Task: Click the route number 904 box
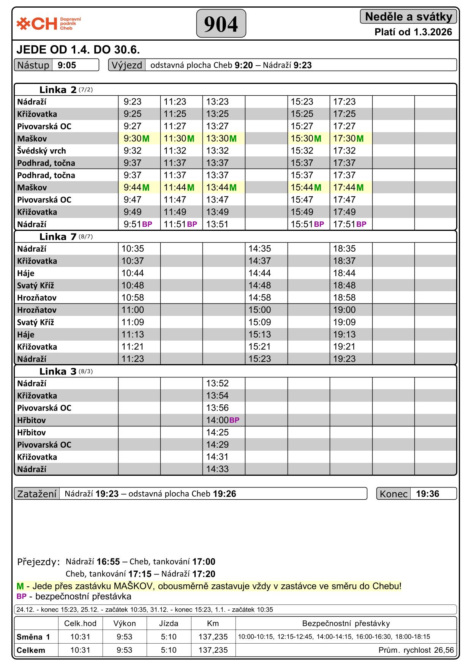pos(221,24)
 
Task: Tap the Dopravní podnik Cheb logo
pos(48,24)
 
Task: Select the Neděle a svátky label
pos(408,17)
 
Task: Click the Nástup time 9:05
pos(67,65)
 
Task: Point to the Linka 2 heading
pos(58,90)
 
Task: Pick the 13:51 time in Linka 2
pos(217,224)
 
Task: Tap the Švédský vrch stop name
pos(41,151)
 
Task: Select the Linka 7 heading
pos(58,237)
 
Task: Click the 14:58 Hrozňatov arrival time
pos(260,298)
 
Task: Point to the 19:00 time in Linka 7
pos(344,310)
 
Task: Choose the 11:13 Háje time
pos(133,335)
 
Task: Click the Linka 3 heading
pos(58,372)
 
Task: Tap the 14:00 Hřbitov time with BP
pos(217,420)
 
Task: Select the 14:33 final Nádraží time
pos(217,469)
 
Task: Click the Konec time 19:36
pos(427,494)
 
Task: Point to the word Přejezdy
pos(38,562)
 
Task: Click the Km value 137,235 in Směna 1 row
pos(213,637)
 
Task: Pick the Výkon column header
pos(124,623)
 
